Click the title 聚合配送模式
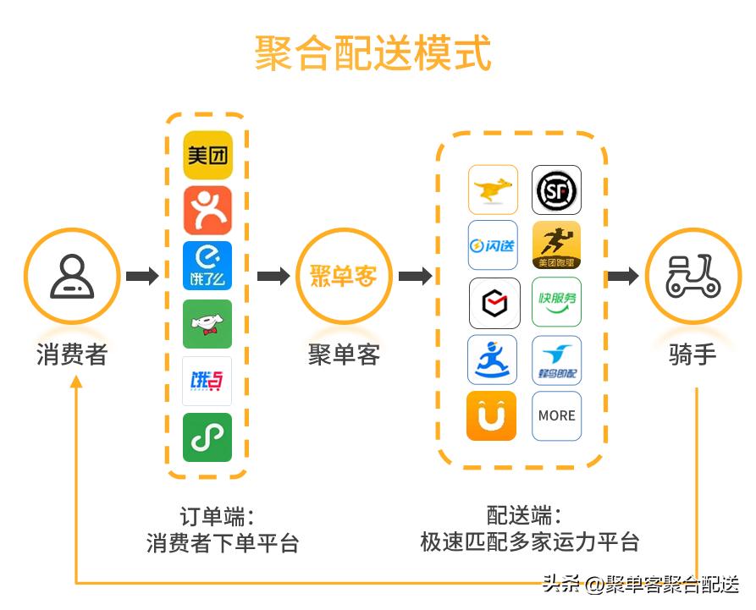[373, 53]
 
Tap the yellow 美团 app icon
[207, 154]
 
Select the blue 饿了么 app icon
[207, 266]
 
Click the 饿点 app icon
[207, 382]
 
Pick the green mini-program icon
[207, 437]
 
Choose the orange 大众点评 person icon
[207, 210]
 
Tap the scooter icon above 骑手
[693, 276]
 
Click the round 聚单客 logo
[343, 276]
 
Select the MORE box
[556, 415]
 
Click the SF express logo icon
[556, 190]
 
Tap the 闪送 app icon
[493, 245]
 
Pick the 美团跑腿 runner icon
[556, 245]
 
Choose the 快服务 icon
[556, 302]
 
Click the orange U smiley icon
[491, 415]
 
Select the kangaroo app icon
[493, 190]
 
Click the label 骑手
[693, 354]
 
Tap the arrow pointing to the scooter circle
[623, 276]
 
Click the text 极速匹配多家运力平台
[529, 542]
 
